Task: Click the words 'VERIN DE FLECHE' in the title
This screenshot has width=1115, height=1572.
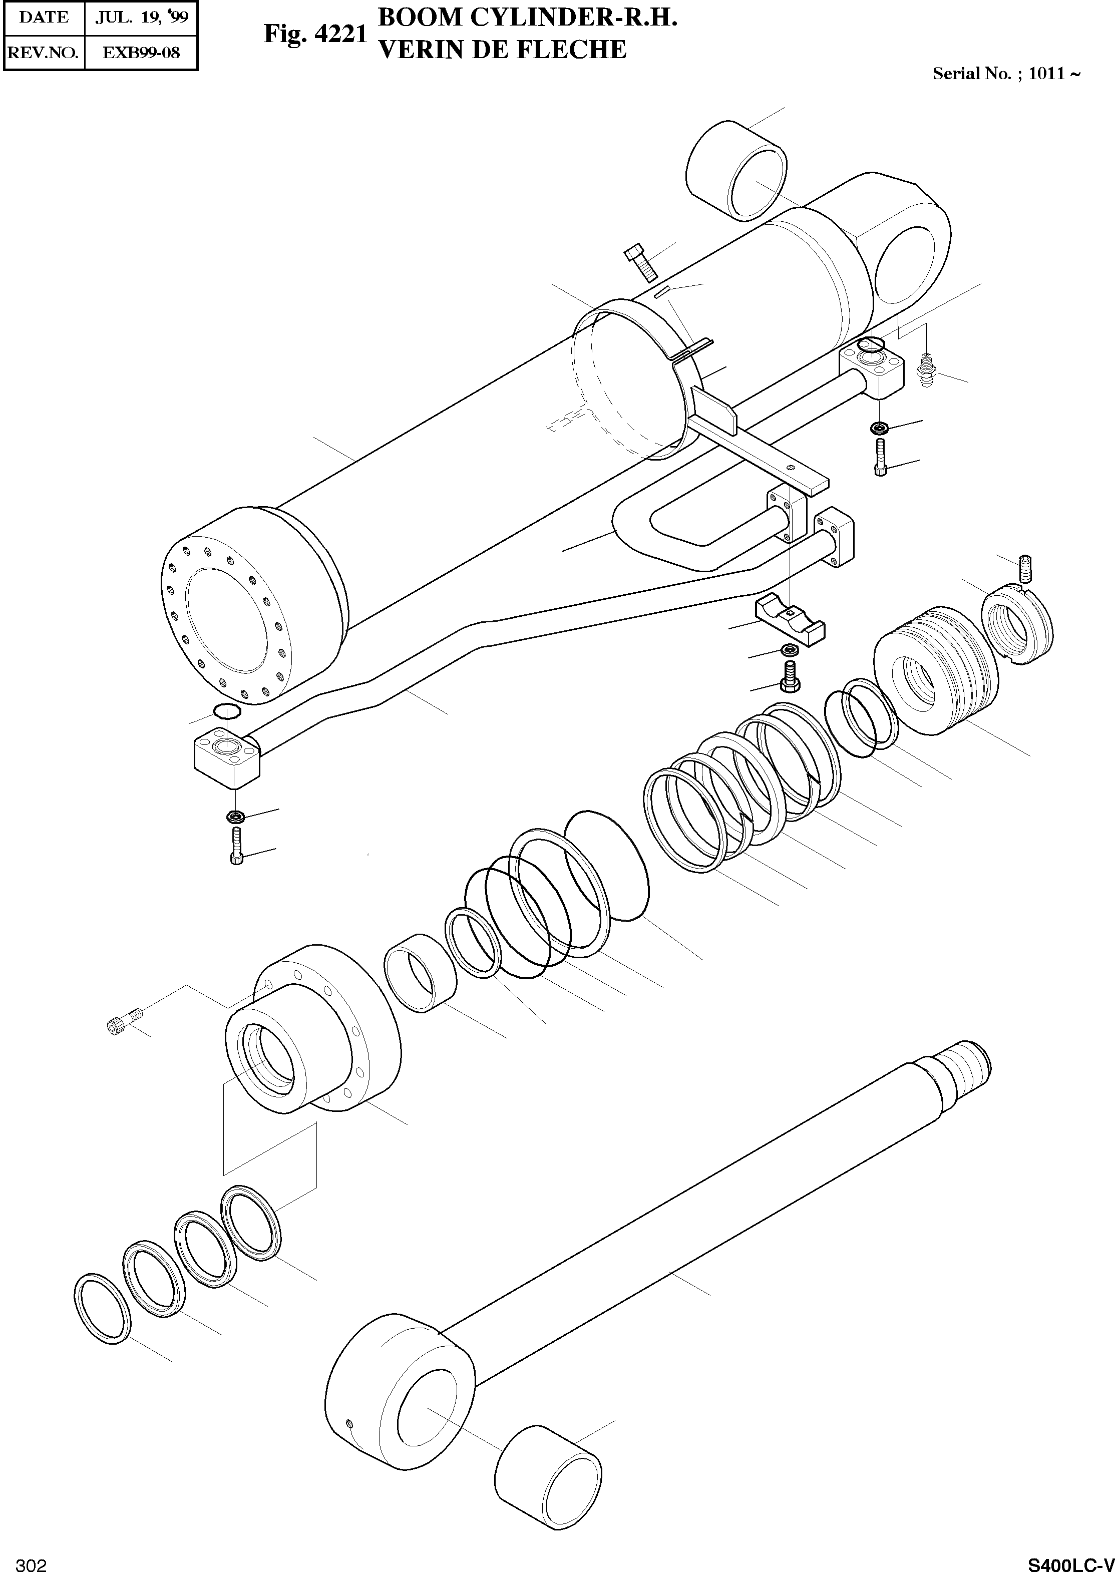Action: point(503,50)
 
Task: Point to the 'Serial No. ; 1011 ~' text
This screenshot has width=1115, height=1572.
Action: point(1006,74)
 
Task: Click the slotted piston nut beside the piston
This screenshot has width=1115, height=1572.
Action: point(1017,621)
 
